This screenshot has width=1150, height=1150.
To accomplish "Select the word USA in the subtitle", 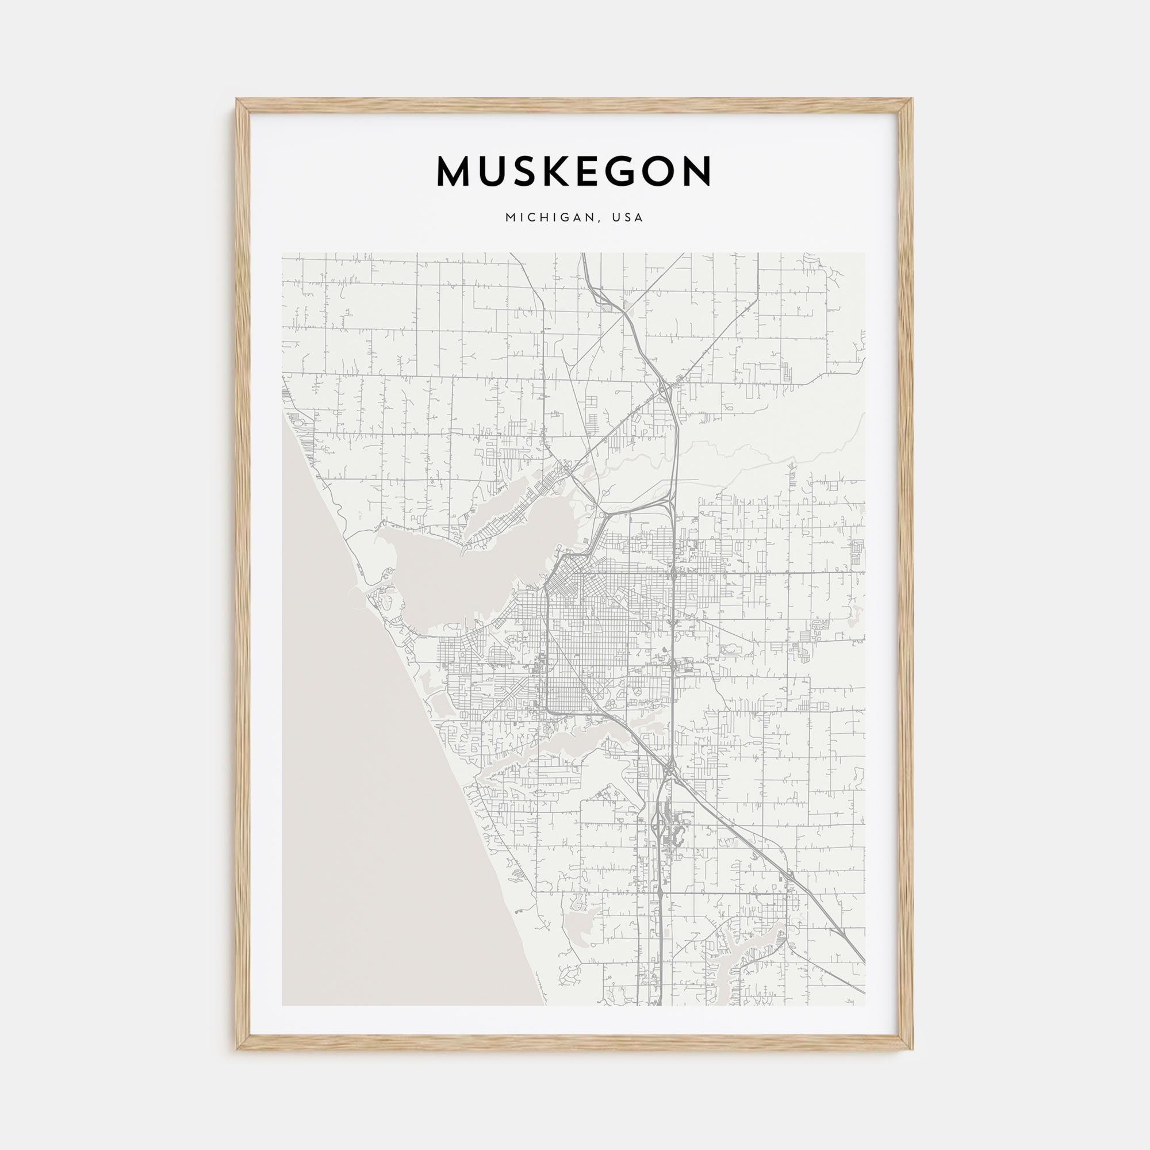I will pos(628,218).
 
